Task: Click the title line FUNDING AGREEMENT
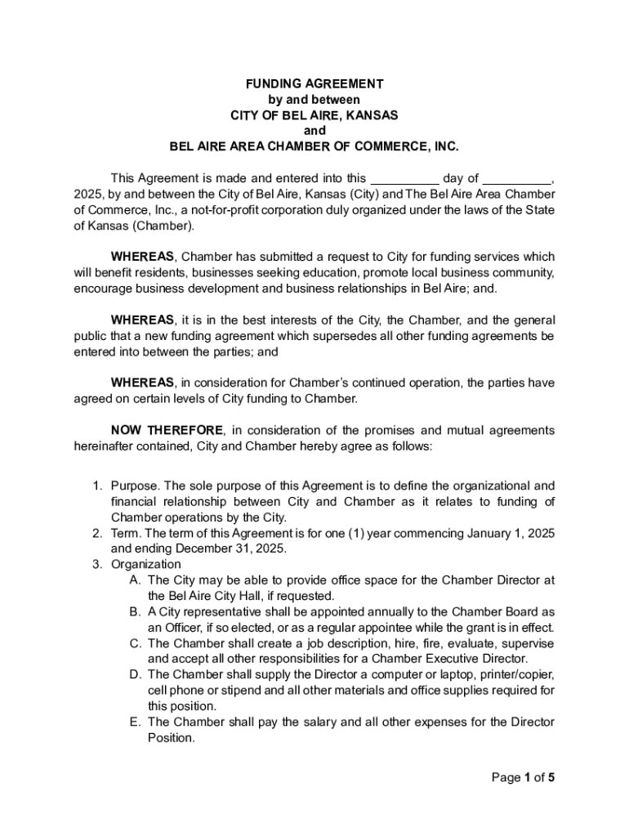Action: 314,84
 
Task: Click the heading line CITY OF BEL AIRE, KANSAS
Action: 314,115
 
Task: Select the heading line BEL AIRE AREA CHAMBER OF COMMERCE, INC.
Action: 314,147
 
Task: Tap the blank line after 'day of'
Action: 516,179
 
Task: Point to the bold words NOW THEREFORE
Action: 167,431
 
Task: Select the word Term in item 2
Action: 124,533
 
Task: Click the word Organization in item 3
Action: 146,565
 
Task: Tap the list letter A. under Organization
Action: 135,580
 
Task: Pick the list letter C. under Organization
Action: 135,643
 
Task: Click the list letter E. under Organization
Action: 135,722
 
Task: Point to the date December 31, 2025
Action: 192,548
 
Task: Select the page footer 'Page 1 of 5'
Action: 523,777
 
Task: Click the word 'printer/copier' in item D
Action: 517,674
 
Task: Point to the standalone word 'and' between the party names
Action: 314,131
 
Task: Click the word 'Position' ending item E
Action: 171,737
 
